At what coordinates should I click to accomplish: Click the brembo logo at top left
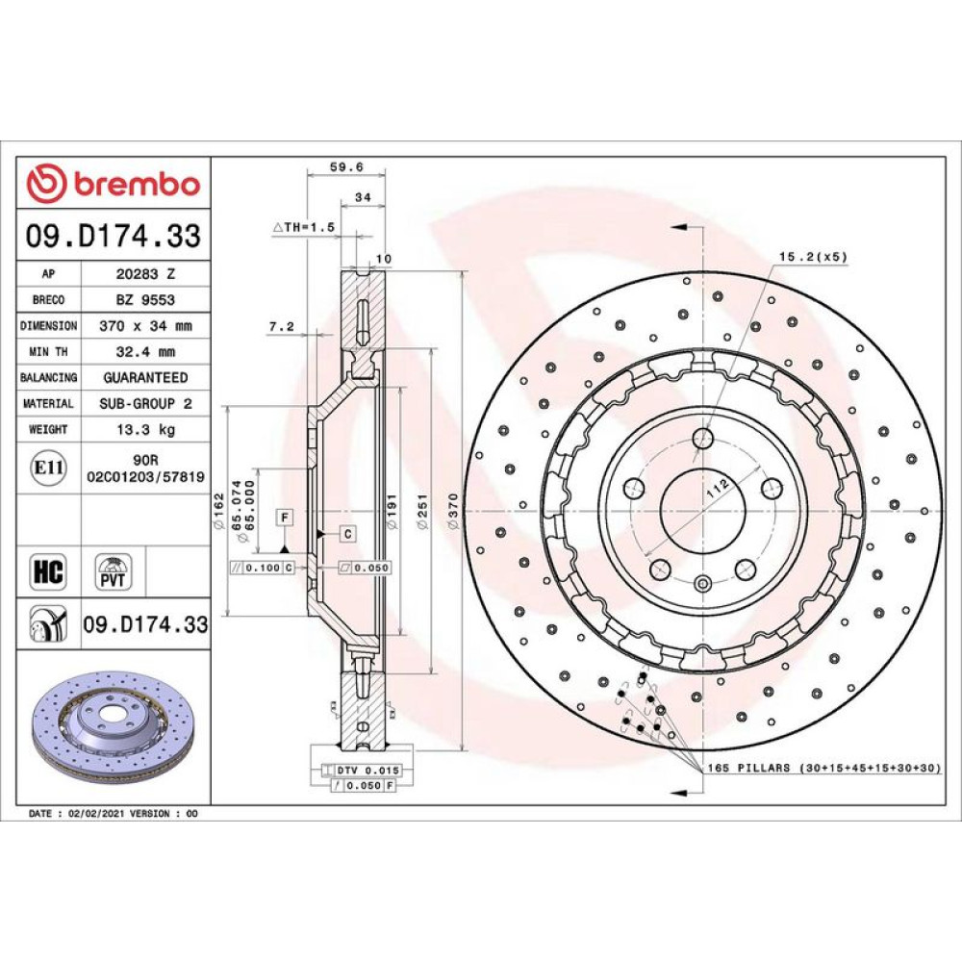[114, 184]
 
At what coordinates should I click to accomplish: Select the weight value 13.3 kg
[146, 429]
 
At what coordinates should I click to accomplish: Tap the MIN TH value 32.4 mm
[146, 352]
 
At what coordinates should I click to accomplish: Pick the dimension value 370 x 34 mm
[146, 326]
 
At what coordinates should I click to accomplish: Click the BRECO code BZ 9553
[146, 300]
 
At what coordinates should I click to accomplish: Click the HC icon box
[48, 572]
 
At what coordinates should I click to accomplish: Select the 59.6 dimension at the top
[346, 166]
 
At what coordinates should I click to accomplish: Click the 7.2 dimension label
[282, 327]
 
